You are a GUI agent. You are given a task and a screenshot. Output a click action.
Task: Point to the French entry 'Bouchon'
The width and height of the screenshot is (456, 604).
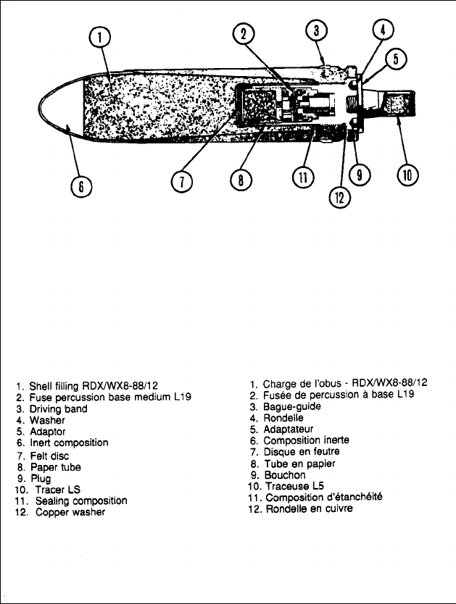pos(285,475)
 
